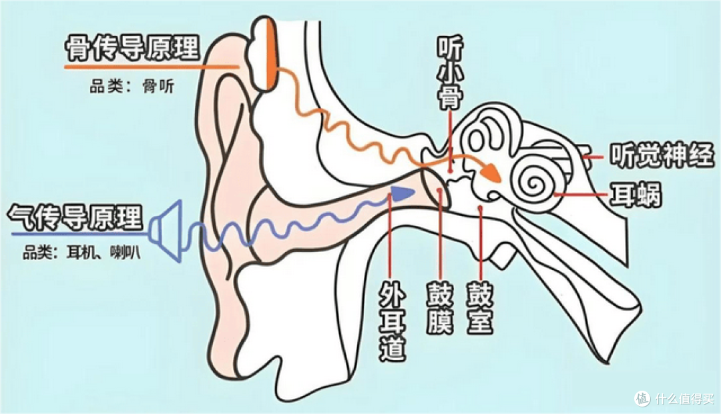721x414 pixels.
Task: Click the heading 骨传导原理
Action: tap(132, 49)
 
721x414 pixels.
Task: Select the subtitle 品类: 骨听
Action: tap(132, 86)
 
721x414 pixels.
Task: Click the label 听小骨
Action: tap(450, 73)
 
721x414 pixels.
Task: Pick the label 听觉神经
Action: tap(662, 155)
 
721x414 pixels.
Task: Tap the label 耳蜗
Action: tap(636, 195)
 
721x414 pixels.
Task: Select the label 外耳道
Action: tap(393, 321)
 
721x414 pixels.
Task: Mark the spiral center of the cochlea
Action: tap(534, 185)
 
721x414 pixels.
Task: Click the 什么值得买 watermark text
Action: tap(684, 397)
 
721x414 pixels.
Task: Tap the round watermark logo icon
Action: tap(642, 397)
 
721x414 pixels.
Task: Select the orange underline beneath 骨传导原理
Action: tap(152, 67)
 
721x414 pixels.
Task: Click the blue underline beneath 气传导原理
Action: tap(81, 235)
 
